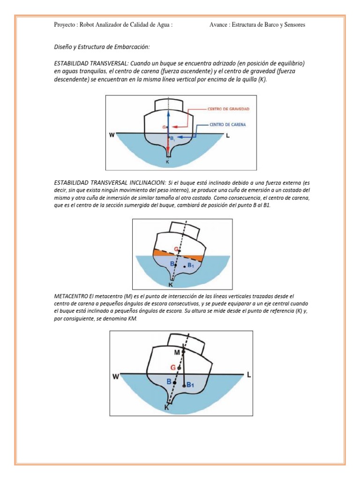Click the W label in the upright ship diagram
click(112, 136)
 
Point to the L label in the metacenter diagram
click(249, 375)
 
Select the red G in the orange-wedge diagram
click(176, 249)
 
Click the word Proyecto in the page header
click(65, 25)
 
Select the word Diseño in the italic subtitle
click(63, 47)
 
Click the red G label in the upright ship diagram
click(164, 127)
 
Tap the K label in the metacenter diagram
click(167, 407)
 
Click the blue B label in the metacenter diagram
click(169, 382)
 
